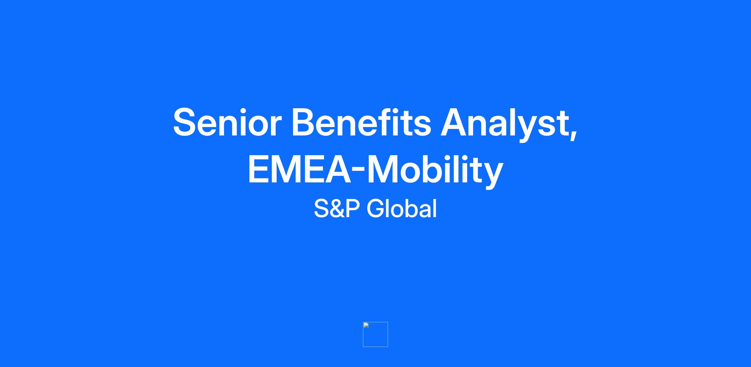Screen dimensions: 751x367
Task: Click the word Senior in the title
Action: [227, 122]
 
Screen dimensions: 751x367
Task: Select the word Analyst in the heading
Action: [504, 124]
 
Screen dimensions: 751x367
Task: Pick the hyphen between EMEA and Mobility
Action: [359, 171]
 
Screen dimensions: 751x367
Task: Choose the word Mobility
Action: [435, 171]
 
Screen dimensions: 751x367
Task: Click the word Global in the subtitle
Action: [402, 208]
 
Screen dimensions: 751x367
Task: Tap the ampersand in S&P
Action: [337, 209]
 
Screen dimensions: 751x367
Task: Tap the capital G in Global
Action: [375, 208]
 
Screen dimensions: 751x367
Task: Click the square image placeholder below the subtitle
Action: [375, 334]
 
